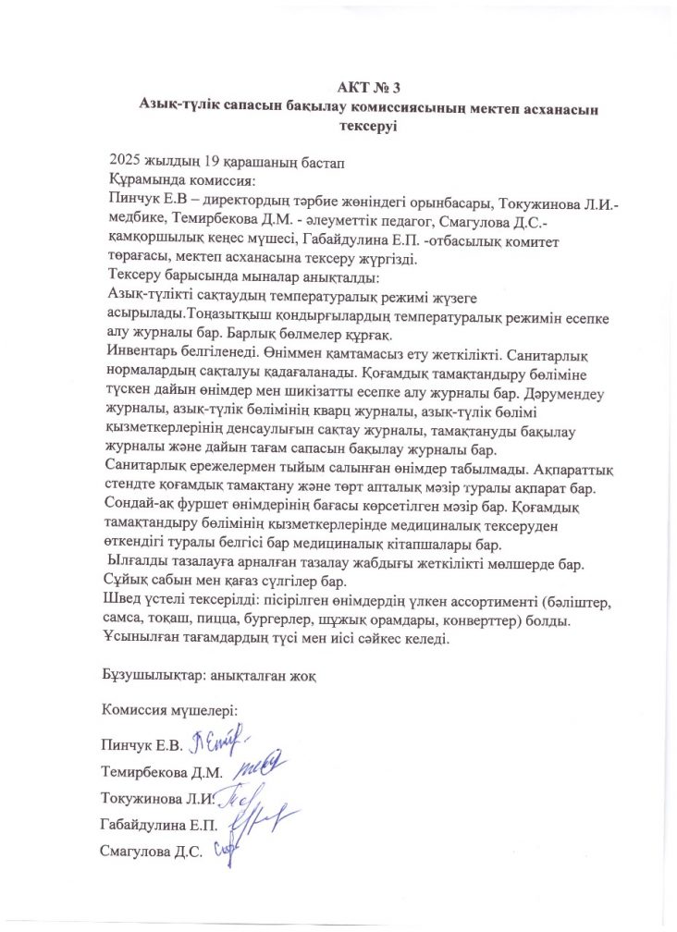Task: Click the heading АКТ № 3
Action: point(367,89)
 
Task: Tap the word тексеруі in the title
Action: point(367,127)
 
